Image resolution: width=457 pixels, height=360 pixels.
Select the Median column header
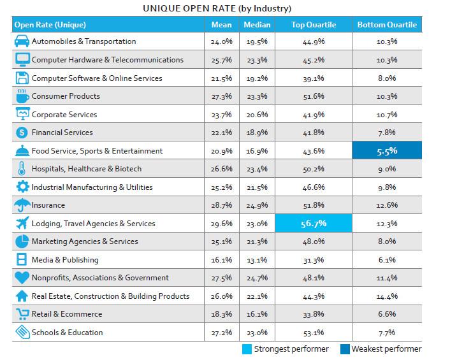point(257,25)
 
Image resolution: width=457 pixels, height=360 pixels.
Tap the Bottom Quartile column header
point(387,25)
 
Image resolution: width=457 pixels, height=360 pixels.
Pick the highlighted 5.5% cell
point(387,151)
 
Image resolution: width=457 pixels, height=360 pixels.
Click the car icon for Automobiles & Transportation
point(21,41)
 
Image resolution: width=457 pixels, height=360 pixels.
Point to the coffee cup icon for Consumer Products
point(21,96)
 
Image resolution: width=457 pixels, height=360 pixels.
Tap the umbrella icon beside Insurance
point(21,205)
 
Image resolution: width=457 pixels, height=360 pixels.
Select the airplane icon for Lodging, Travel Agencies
point(21,224)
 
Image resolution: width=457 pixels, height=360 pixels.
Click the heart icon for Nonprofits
point(21,278)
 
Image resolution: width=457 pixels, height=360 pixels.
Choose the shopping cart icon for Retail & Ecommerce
point(21,314)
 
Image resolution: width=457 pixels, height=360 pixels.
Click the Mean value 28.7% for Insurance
point(221,206)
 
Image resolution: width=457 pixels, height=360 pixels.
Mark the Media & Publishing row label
point(65,260)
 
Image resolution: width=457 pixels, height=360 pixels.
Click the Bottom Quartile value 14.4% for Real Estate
point(387,296)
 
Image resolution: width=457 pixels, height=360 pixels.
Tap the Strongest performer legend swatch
point(247,349)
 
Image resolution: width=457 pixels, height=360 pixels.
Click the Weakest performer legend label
point(386,349)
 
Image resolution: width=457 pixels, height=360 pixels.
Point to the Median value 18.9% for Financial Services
point(257,133)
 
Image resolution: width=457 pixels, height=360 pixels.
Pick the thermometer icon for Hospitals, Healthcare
point(21,169)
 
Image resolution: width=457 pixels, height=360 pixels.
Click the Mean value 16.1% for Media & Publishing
point(221,260)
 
